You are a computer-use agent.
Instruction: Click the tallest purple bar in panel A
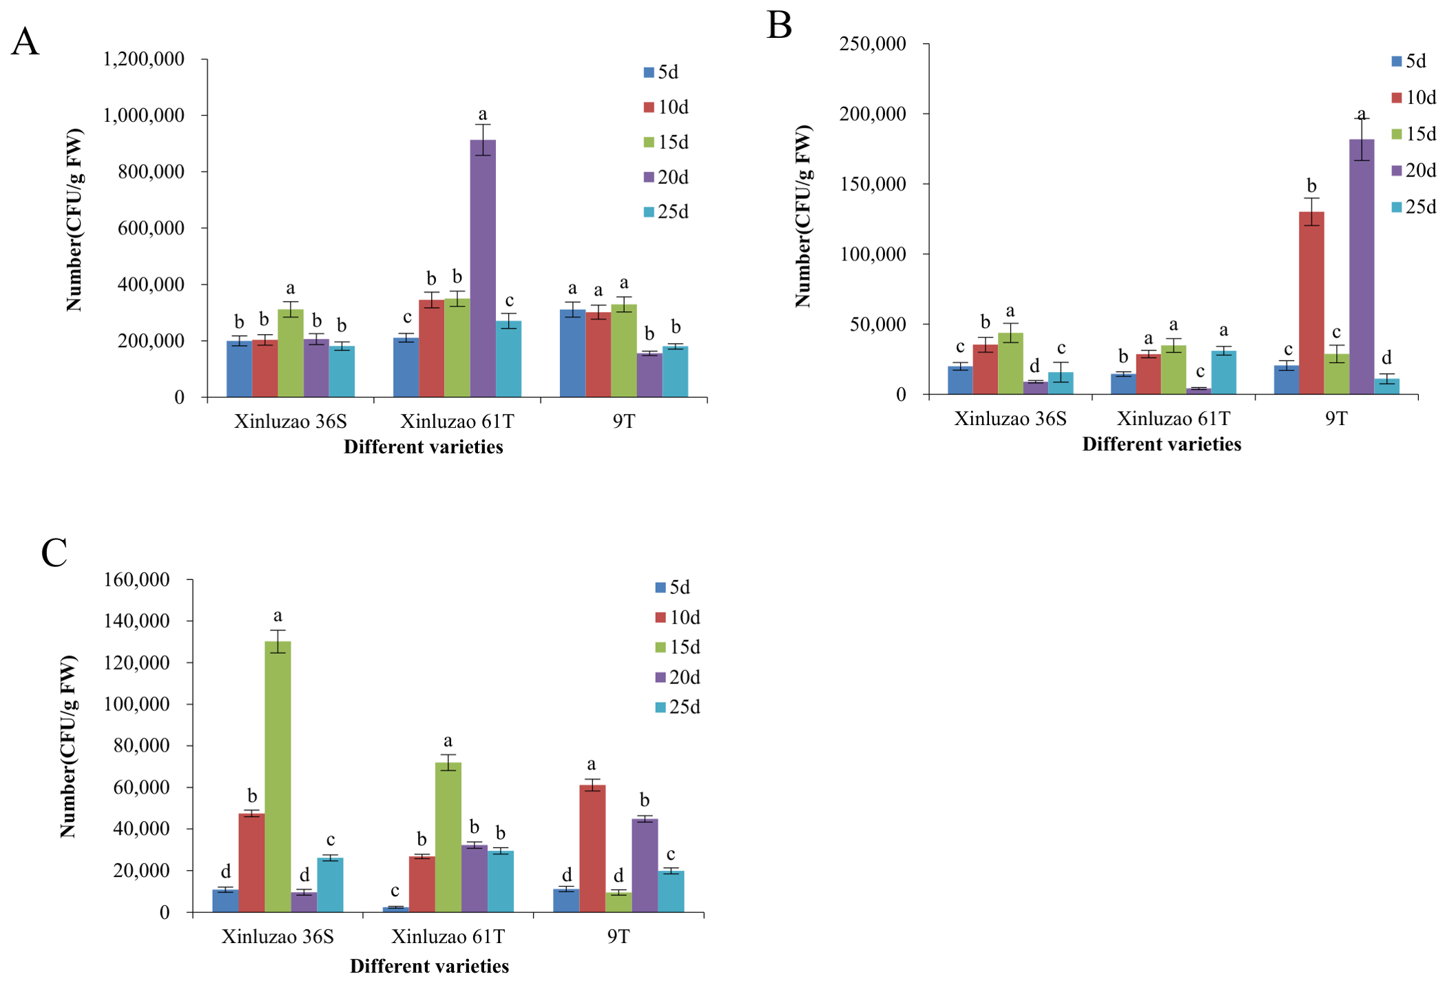483,268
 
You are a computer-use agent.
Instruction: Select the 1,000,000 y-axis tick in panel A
143,115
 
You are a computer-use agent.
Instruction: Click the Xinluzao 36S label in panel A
290,421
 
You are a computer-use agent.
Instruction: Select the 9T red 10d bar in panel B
1311,303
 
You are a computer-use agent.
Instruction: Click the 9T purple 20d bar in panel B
1362,267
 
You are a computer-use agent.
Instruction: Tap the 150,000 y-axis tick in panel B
873,184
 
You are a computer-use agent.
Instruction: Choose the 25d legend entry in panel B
1414,207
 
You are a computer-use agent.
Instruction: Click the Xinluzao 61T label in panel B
1173,418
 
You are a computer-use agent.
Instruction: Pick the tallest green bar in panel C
278,776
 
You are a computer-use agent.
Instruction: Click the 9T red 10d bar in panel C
592,849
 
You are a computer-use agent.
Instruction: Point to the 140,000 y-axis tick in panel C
136,621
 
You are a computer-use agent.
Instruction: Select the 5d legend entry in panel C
672,587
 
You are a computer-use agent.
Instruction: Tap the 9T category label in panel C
618,936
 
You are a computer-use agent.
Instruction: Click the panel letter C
54,552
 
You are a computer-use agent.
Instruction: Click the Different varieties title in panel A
424,447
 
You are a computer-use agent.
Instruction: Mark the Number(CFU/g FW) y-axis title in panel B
803,216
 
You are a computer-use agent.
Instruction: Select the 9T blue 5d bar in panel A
572,353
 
